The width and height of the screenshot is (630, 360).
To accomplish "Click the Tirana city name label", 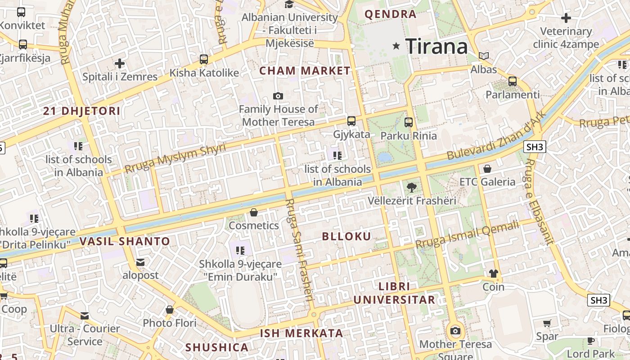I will coord(436,46).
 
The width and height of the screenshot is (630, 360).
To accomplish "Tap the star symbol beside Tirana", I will coord(396,45).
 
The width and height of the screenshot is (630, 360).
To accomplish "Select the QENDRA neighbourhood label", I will coord(390,14).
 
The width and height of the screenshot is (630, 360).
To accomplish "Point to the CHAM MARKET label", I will coord(305,71).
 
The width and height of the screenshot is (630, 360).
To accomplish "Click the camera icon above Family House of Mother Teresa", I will coord(278,96).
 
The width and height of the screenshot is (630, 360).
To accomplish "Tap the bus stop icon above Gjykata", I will coord(351,121).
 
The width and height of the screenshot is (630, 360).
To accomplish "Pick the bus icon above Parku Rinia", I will coord(409,122).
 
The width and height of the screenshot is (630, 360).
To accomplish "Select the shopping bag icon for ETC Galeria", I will coord(487,169).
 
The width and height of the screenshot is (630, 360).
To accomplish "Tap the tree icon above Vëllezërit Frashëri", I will coord(411,187).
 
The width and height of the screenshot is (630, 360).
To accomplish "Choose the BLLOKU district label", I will coord(346,237).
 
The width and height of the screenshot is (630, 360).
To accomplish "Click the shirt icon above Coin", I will coord(493,274).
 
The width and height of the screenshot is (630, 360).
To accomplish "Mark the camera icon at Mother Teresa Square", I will coord(455,331).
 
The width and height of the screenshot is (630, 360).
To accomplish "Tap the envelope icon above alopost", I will coord(140,262).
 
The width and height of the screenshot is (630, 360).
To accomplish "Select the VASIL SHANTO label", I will coord(125,241).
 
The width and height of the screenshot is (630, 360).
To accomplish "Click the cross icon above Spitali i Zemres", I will coord(120,63).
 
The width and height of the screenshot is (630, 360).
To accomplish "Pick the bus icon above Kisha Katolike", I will coord(204,59).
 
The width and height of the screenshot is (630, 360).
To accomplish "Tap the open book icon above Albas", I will coord(484,56).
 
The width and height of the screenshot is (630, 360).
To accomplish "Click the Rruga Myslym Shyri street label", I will coord(175,158).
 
